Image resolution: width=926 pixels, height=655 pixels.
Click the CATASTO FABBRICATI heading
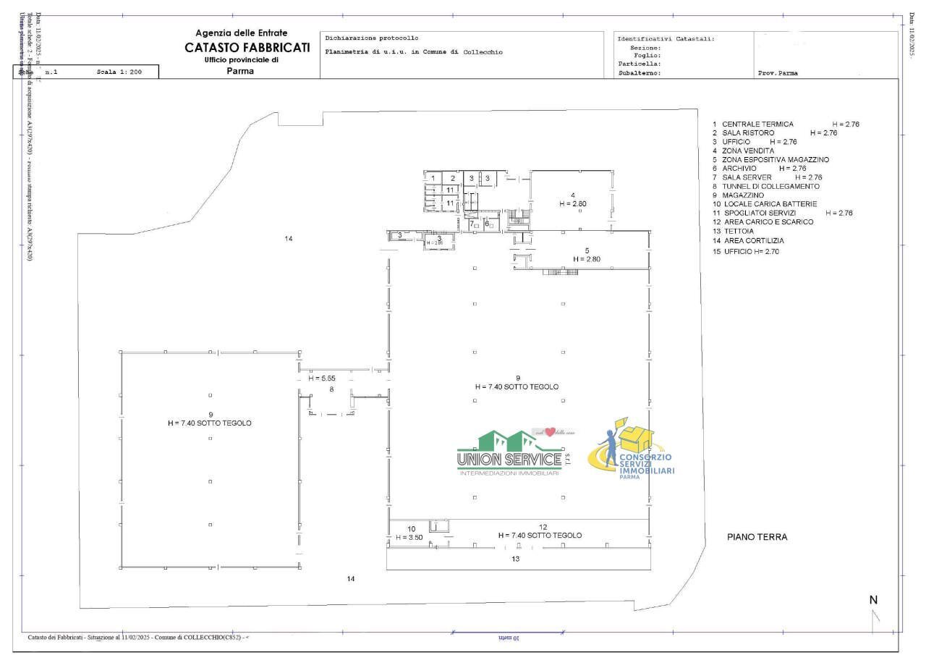click(247, 47)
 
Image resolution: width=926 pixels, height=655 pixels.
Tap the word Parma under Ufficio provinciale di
click(240, 71)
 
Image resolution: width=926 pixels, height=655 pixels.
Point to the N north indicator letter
click(873, 600)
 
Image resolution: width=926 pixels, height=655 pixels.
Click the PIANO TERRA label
click(757, 537)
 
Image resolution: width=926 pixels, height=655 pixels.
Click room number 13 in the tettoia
click(515, 559)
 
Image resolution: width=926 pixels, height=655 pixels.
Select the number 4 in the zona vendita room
click(572, 195)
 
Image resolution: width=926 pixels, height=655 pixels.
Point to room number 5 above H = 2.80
click(587, 250)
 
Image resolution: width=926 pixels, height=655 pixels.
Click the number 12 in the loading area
click(543, 526)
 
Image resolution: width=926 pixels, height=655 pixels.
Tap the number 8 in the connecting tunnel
click(331, 389)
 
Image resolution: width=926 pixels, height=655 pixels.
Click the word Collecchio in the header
click(483, 52)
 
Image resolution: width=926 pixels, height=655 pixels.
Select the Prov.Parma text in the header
click(778, 73)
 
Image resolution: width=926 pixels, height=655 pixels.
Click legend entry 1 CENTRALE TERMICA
click(752, 124)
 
